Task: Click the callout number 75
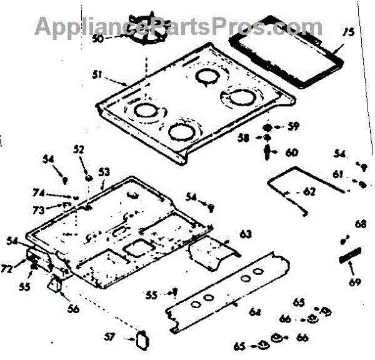click(x=348, y=32)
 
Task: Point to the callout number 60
click(x=292, y=152)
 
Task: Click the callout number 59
click(x=292, y=127)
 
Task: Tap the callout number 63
click(x=245, y=234)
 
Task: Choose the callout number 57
click(x=110, y=337)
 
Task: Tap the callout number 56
click(x=74, y=307)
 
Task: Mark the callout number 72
click(x=23, y=269)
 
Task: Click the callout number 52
click(x=78, y=149)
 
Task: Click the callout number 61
click(x=337, y=173)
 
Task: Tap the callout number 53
click(x=104, y=171)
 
